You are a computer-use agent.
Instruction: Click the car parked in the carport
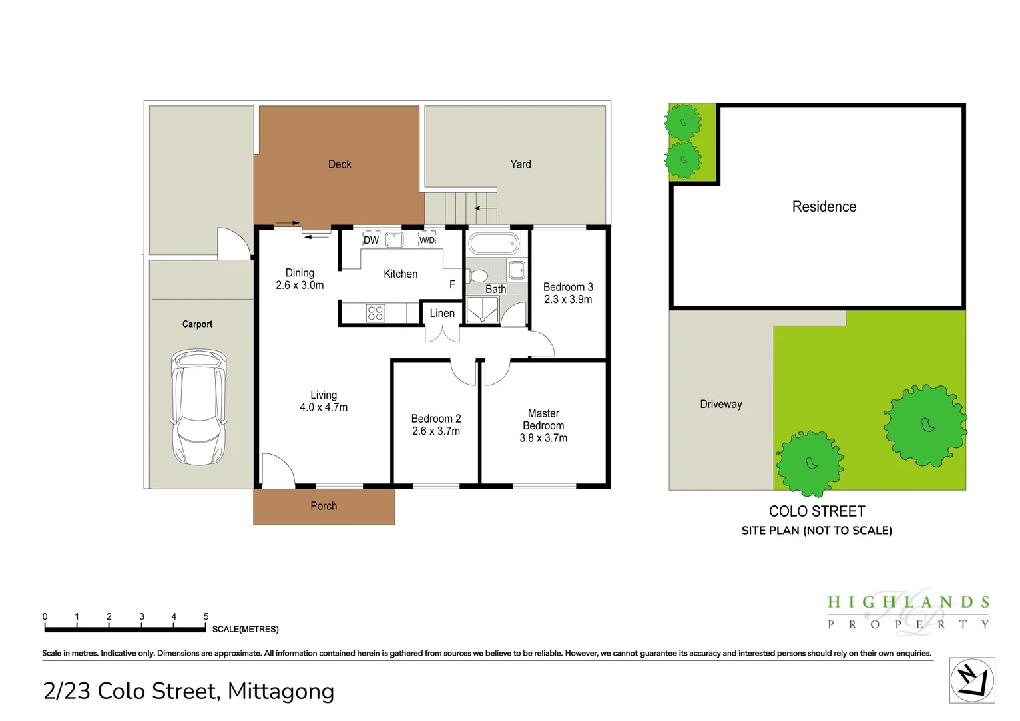tap(198, 407)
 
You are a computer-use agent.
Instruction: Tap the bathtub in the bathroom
tap(493, 244)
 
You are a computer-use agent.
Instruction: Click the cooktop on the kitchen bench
tap(376, 313)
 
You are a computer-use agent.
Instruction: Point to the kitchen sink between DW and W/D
tap(394, 239)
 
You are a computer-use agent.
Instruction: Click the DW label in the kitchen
tap(372, 240)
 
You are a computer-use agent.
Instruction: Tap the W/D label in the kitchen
tap(427, 240)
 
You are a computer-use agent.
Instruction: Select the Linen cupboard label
tap(442, 313)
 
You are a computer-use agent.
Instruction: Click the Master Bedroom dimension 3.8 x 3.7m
tap(543, 438)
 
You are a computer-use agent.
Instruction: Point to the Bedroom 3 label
tap(568, 287)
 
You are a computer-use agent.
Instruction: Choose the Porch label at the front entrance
tap(324, 506)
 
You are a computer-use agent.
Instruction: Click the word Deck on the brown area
tap(340, 164)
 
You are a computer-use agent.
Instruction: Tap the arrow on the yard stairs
tap(485, 208)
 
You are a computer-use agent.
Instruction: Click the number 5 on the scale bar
tap(206, 616)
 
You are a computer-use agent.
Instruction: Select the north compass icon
tap(972, 680)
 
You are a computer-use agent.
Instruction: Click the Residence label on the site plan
tap(824, 206)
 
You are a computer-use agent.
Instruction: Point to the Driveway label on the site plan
tap(721, 404)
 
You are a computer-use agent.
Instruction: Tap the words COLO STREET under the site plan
tap(817, 511)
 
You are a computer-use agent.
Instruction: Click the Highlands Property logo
tap(908, 612)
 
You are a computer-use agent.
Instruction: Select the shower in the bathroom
tap(483, 310)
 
